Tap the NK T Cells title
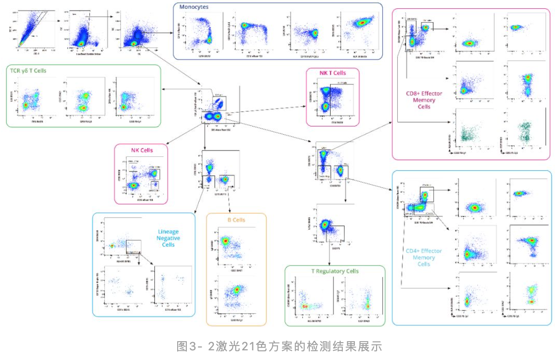(333, 73)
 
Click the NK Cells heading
(141, 150)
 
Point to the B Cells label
(236, 220)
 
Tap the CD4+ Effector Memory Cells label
(423, 257)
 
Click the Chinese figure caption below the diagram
(279, 346)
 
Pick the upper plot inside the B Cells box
(236, 246)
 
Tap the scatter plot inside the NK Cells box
(144, 179)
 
